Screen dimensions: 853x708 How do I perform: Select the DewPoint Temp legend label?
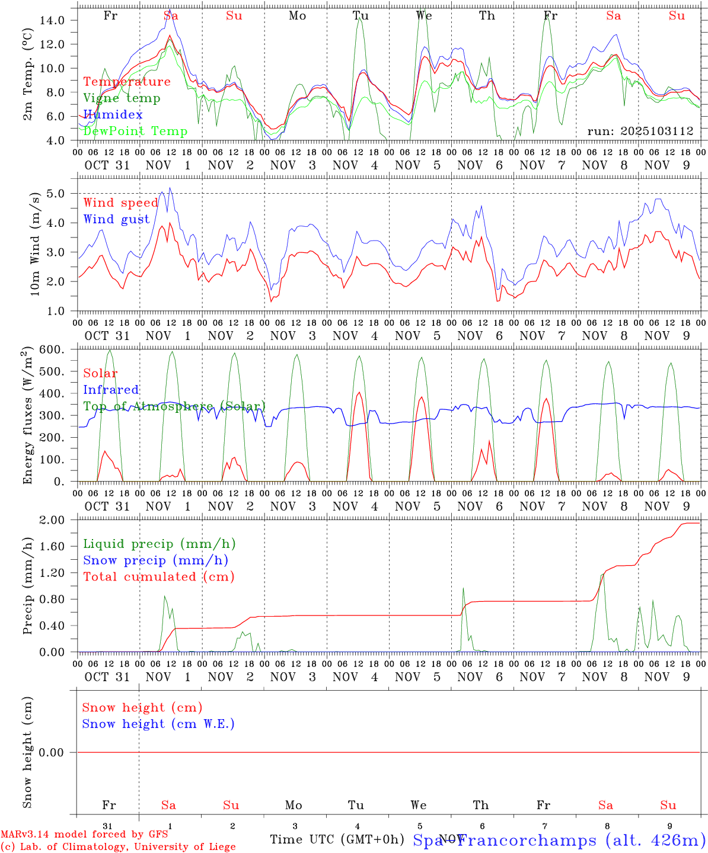point(135,131)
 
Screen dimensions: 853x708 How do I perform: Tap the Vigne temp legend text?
point(122,98)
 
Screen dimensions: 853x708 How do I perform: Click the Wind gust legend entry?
point(116,219)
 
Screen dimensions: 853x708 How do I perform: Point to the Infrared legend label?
point(111,390)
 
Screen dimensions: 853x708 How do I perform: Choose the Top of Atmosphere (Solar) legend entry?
point(174,406)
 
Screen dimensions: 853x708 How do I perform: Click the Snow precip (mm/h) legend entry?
point(155,560)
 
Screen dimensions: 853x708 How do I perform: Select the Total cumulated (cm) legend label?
point(159,577)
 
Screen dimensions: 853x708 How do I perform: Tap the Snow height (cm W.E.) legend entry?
point(158,724)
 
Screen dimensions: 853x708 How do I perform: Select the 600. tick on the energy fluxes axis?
point(51,349)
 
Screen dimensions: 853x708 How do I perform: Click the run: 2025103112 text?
point(640,132)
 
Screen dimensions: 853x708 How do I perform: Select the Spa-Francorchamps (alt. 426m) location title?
point(559,840)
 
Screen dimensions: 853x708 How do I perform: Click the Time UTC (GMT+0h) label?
point(337,839)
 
